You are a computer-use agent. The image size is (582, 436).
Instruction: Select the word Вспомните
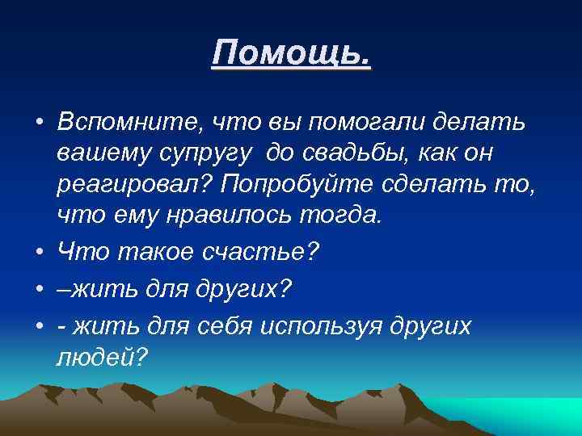(129, 123)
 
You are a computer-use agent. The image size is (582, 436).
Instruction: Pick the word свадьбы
(356, 154)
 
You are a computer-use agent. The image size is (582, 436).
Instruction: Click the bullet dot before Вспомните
(39, 124)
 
